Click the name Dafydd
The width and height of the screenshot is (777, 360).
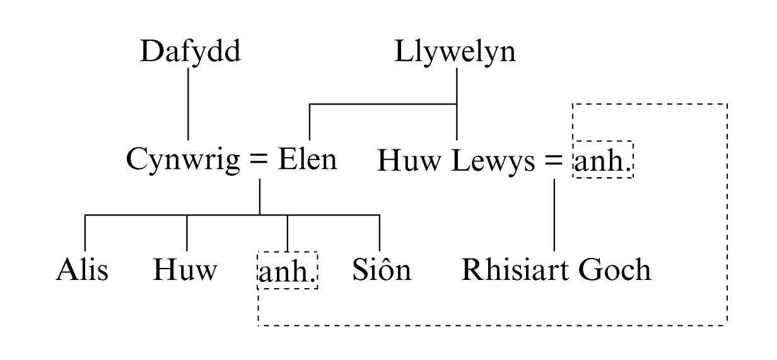coord(190,52)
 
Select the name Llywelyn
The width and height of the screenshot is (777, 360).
coord(455,52)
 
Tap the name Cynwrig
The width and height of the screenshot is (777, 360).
coord(183,160)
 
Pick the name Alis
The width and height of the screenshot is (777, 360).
coord(82,270)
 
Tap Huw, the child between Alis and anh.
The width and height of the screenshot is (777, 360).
coord(185,270)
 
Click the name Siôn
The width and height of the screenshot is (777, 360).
coord(382,270)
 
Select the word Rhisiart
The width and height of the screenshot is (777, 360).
coord(514,270)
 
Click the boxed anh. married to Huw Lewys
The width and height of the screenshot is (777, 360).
coord(602,163)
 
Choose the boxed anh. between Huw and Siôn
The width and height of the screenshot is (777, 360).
coord(288,272)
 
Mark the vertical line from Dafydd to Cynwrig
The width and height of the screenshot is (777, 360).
coord(188,104)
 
